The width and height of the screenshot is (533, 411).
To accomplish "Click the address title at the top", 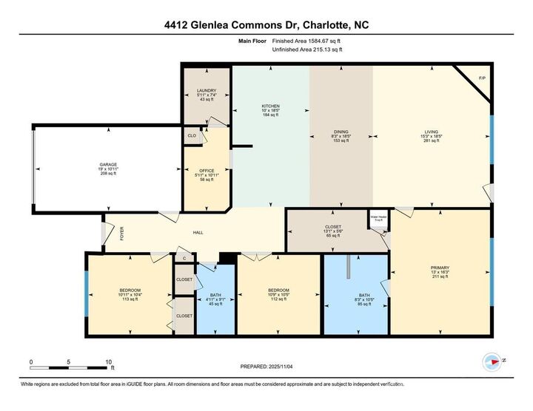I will (x=266, y=25).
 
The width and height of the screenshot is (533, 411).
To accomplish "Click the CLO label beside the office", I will (x=192, y=136).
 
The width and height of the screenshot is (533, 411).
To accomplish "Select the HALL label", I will (x=198, y=233).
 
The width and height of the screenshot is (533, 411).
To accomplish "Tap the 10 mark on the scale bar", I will (x=109, y=362).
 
